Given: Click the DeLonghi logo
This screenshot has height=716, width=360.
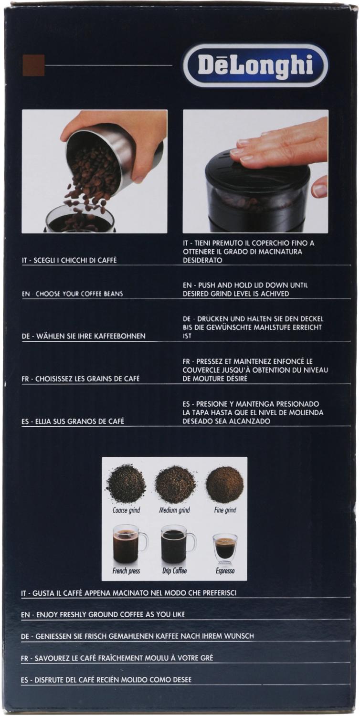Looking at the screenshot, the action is click(x=255, y=65).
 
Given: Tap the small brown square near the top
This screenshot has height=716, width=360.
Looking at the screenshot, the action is click(x=33, y=65).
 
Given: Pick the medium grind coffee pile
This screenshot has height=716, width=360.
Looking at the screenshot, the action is click(x=175, y=484).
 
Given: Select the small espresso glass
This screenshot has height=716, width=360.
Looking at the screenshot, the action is click(x=225, y=549).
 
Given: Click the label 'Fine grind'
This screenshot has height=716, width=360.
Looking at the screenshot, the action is click(x=225, y=510).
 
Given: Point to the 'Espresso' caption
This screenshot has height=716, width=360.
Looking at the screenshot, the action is click(x=225, y=571).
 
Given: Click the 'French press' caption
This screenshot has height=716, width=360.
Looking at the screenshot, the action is click(x=126, y=571).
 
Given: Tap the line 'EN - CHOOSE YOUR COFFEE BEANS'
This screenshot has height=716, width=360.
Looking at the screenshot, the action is click(x=73, y=294).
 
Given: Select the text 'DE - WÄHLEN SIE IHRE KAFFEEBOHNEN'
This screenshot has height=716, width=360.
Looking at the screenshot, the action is click(x=84, y=336).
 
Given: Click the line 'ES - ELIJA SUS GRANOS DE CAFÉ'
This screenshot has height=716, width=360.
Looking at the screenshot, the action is click(x=73, y=421).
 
